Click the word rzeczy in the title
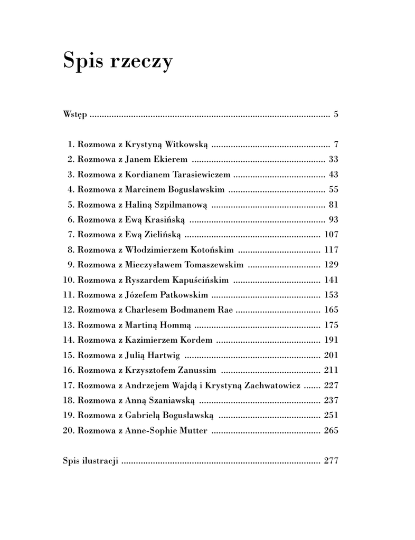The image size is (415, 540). tap(142, 62)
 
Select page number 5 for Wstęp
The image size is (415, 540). tap(336, 114)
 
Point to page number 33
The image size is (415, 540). tap(333, 159)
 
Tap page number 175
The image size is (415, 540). tap(331, 325)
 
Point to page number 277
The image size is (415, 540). tap(331, 460)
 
